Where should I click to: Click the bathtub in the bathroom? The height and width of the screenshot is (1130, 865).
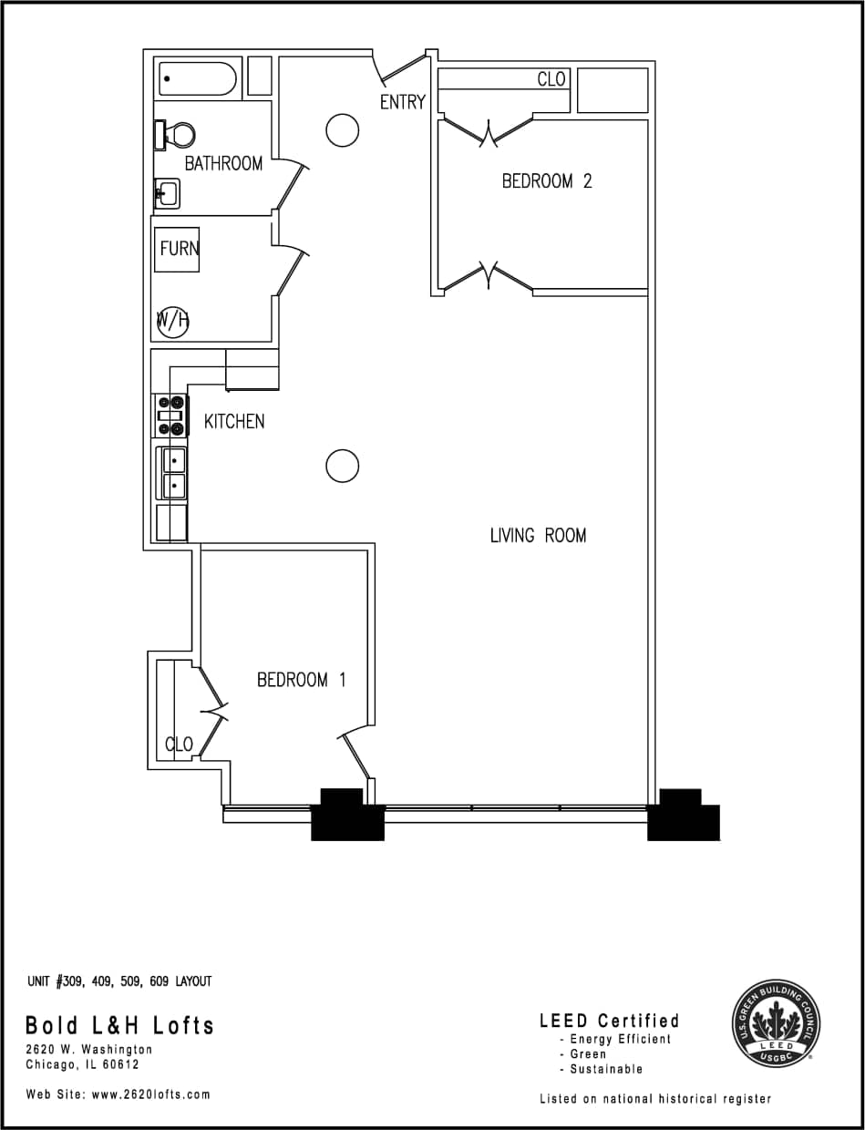click(198, 78)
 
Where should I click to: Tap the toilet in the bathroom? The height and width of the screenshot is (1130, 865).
click(175, 135)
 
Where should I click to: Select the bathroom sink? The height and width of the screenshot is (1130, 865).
click(167, 193)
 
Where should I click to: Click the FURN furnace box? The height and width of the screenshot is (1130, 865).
click(177, 249)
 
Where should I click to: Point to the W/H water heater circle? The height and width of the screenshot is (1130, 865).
click(172, 320)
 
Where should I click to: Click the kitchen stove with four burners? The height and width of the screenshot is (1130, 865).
click(171, 416)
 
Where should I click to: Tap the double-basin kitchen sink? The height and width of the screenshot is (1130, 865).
click(173, 473)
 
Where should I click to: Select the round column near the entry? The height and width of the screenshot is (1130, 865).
click(342, 130)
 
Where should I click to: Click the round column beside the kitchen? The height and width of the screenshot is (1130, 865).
click(342, 466)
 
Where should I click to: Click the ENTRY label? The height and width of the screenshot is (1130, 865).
click(402, 102)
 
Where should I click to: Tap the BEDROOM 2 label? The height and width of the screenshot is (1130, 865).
click(546, 181)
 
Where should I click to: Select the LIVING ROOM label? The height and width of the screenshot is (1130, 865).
click(538, 535)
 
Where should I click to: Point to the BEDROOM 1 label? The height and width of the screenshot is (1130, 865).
click(301, 680)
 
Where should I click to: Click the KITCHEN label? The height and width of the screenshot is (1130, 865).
click(234, 421)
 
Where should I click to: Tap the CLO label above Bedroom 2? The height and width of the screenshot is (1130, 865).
click(551, 79)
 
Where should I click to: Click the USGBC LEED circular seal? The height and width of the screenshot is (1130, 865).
click(777, 1023)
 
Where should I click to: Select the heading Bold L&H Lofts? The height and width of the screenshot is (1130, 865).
click(119, 1025)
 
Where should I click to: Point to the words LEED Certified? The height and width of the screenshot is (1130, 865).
click(609, 1021)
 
